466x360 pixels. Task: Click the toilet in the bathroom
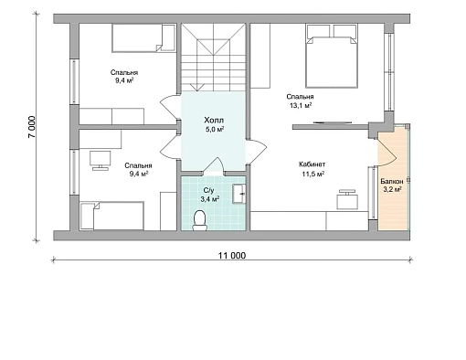coord(200,220)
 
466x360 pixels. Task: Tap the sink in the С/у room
coord(239,194)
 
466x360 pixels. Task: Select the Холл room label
coord(214,120)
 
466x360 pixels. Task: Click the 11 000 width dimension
coord(232,256)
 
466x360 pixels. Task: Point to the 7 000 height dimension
coord(32,127)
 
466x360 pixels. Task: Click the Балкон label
coord(392,181)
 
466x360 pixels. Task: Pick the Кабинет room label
coord(312,164)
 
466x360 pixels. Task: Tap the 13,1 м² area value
coord(299,105)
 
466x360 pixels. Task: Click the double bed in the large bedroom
coord(332,57)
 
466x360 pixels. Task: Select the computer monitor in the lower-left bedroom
coord(100,160)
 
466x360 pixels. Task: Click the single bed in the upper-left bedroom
coord(143,38)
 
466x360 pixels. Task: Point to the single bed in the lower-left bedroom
coord(111,216)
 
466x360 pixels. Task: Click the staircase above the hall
coord(213,58)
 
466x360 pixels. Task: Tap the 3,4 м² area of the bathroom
coord(210,199)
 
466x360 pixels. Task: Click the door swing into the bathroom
coord(214,166)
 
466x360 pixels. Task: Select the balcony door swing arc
coord(387,149)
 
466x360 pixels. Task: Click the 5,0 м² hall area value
coord(215,130)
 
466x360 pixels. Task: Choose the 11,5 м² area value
coord(312,175)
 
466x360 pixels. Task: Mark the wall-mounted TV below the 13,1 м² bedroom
coord(333,122)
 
